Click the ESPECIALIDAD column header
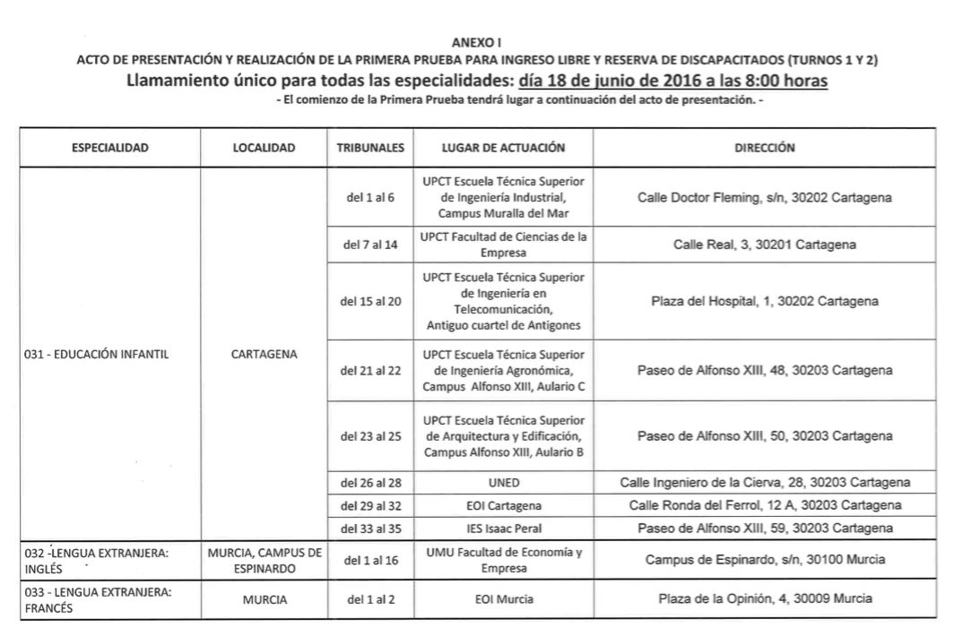point(110,147)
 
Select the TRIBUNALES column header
point(370,147)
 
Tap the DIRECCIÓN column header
point(765,147)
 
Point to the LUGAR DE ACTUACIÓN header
point(503,147)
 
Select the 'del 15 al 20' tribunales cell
point(370,301)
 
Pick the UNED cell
point(503,482)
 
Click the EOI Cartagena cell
point(503,504)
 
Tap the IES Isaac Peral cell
point(503,527)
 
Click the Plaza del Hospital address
point(765,301)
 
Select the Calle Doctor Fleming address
point(765,197)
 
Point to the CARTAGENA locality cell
point(265,354)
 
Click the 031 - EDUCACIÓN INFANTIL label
point(96,354)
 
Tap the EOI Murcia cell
point(503,599)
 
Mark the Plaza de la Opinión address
point(765,599)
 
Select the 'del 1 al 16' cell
point(370,561)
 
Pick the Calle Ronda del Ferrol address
point(765,504)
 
